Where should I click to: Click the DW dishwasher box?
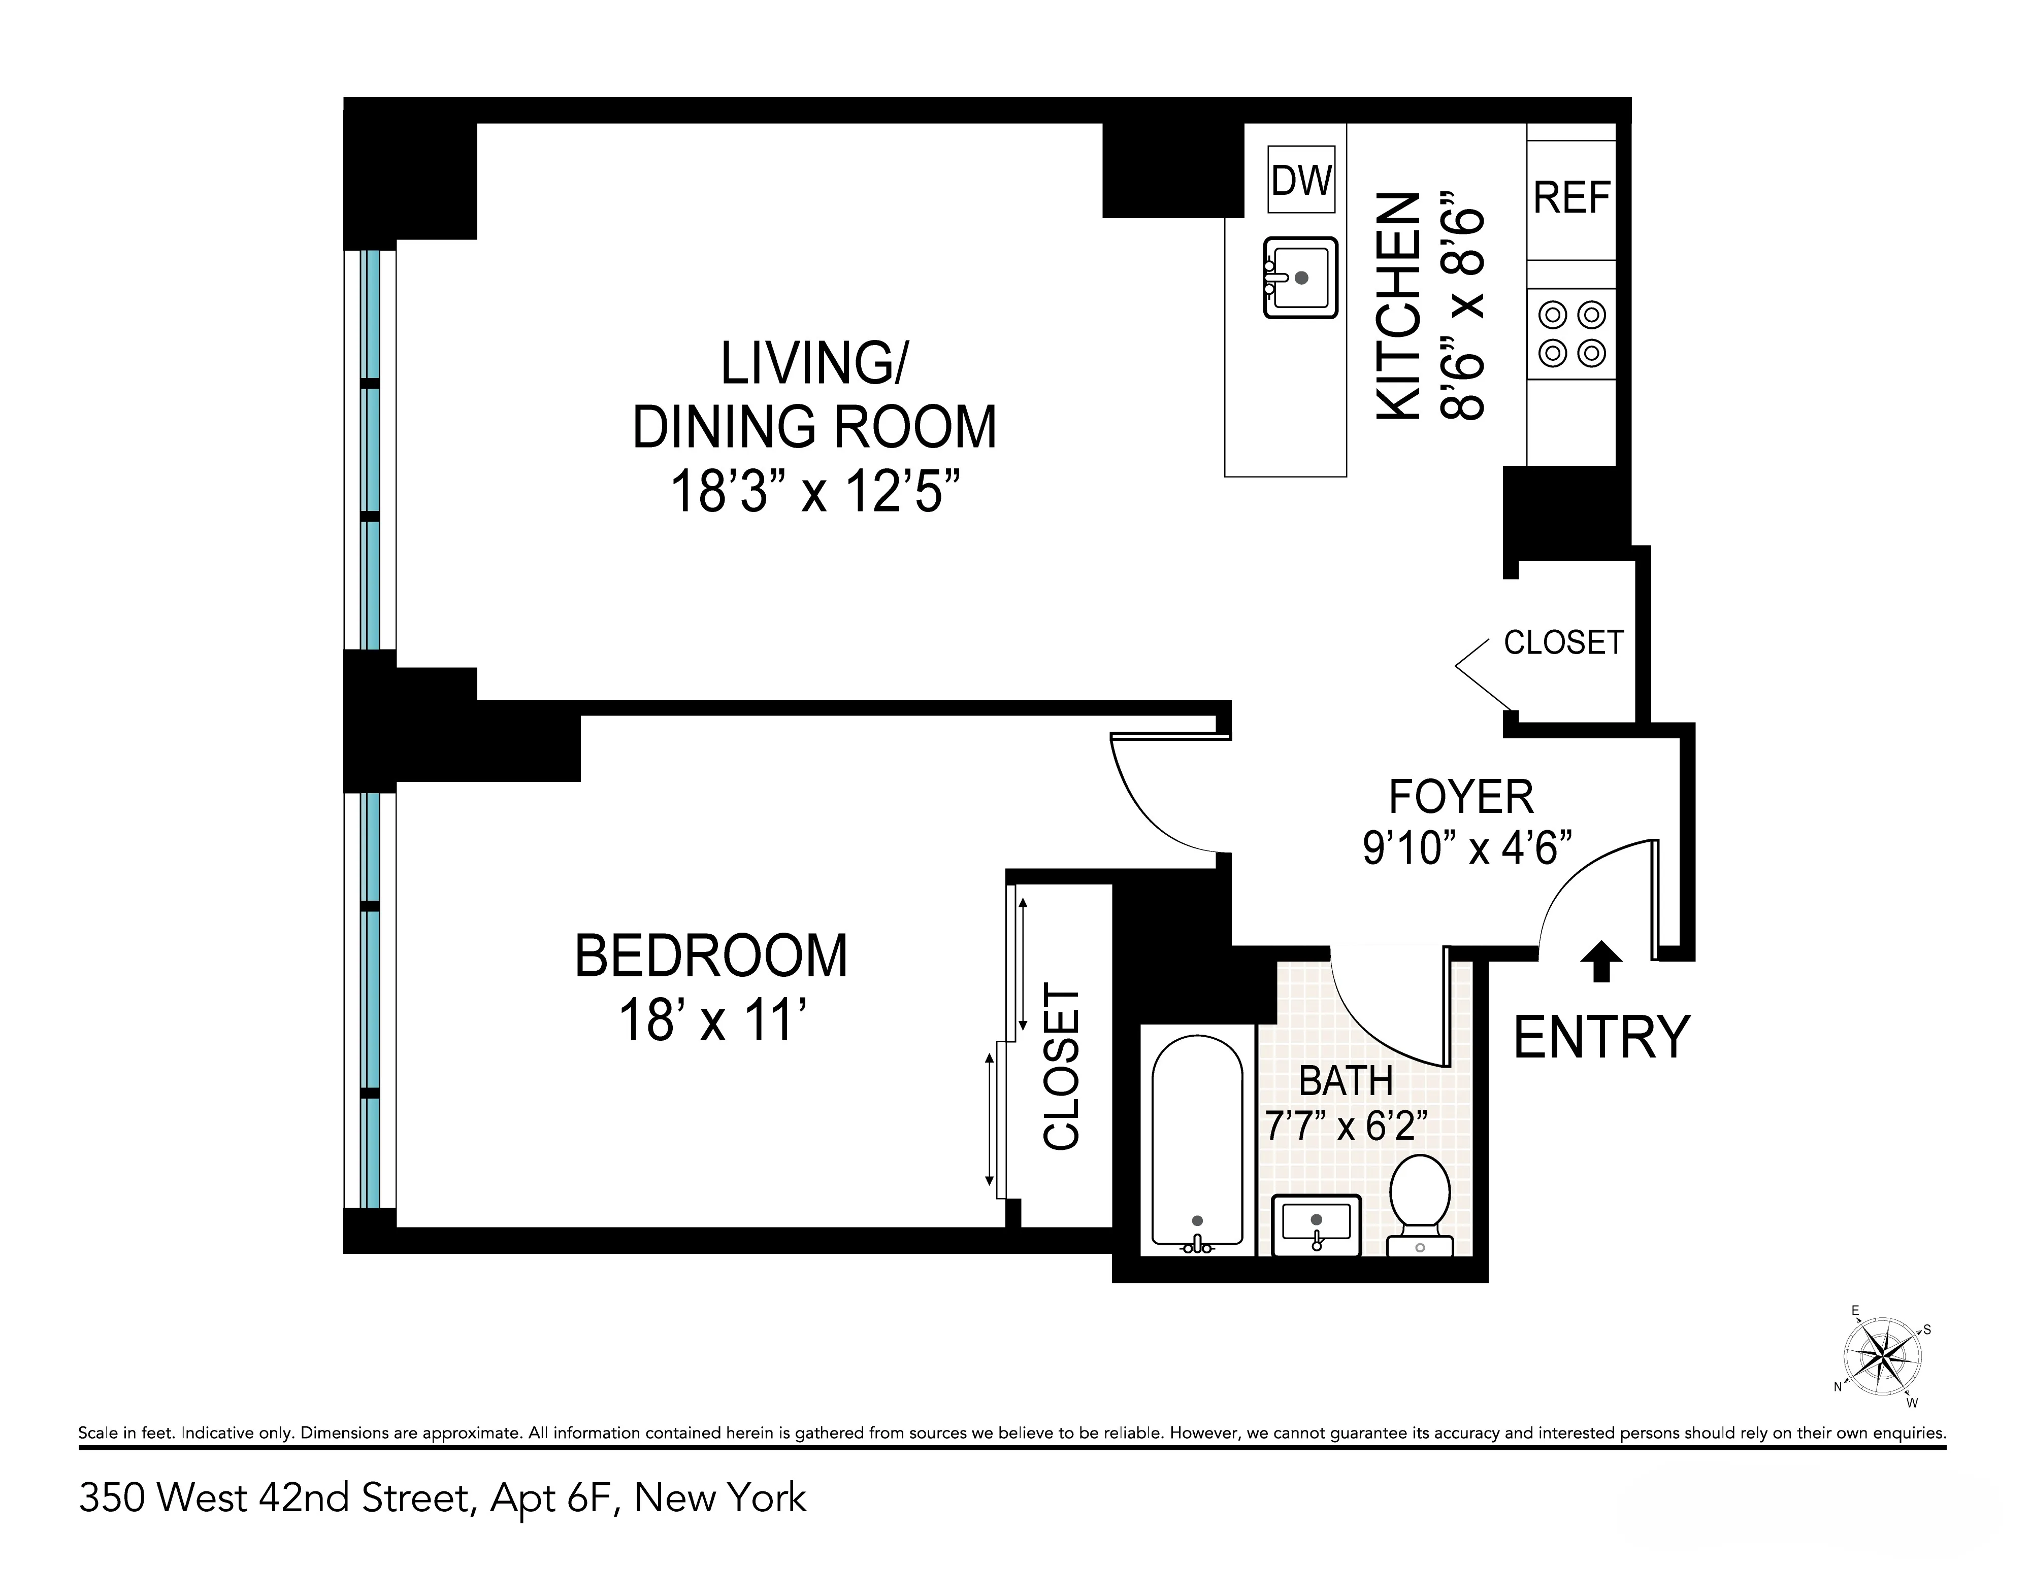click(x=1301, y=180)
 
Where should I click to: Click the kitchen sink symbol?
click(x=1300, y=278)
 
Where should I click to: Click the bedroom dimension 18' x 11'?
click(x=711, y=1020)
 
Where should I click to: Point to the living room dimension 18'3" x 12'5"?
click(x=814, y=492)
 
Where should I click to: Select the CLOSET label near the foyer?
click(x=1563, y=642)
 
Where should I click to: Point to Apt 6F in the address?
click(x=554, y=1498)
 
